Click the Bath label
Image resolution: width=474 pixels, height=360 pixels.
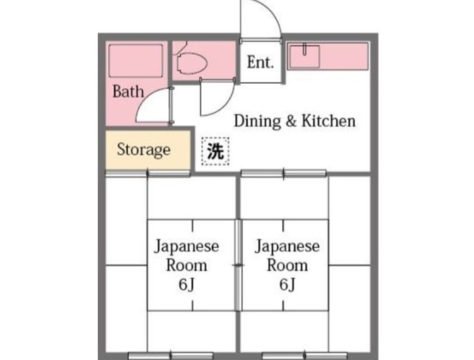tap(128, 93)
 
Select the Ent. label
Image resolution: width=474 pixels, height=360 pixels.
tap(260, 63)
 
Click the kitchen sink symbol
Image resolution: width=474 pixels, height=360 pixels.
tap(303, 55)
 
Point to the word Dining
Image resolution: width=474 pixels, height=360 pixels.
tap(256, 121)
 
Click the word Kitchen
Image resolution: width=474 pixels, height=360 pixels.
tap(331, 121)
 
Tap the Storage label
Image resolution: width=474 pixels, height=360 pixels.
tap(144, 150)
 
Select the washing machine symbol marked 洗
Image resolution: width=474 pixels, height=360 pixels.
tap(215, 152)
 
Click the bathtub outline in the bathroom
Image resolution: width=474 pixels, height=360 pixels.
tap(136, 61)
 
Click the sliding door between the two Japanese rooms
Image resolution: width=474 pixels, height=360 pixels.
tap(237, 264)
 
